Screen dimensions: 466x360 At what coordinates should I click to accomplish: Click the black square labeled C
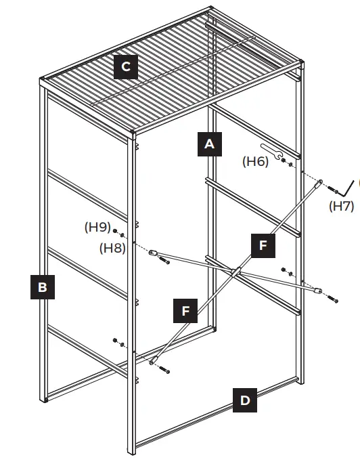(126, 67)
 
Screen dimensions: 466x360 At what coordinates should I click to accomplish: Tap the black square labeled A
(210, 144)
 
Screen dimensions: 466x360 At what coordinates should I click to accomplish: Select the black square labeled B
(43, 287)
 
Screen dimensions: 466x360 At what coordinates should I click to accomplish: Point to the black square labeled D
(245, 400)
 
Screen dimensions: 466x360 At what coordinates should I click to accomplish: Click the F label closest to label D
(186, 311)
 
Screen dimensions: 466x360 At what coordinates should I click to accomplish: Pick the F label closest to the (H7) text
(263, 245)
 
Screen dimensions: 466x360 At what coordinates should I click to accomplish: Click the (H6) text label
(256, 161)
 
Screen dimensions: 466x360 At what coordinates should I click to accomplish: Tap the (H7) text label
(342, 206)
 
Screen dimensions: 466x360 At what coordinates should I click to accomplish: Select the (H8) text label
(113, 247)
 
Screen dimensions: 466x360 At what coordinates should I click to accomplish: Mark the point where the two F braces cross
(235, 272)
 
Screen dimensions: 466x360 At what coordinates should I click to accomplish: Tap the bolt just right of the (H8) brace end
(164, 260)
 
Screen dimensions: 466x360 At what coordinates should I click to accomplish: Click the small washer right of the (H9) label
(116, 231)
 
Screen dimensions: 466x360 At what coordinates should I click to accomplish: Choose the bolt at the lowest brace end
(164, 370)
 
